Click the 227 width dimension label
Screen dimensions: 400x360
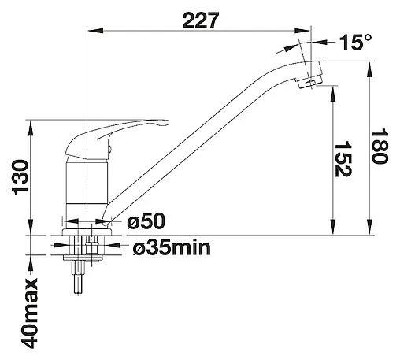[200, 20]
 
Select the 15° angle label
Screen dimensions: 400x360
[355, 43]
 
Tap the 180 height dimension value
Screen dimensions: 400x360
[380, 146]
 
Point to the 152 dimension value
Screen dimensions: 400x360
[343, 159]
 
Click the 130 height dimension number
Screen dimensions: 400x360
[20, 177]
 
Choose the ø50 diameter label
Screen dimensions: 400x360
[146, 221]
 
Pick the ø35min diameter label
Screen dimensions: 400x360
[172, 247]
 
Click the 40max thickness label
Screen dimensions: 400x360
[29, 314]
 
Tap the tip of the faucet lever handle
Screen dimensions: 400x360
[168, 123]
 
